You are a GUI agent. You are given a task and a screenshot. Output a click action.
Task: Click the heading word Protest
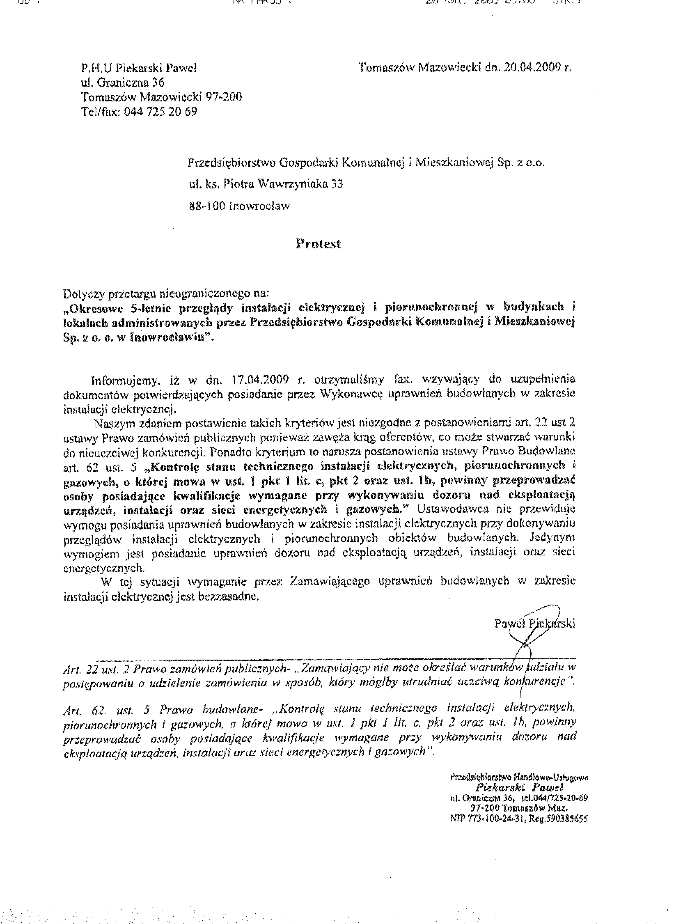318,244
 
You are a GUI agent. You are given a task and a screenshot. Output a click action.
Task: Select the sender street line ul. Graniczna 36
123,83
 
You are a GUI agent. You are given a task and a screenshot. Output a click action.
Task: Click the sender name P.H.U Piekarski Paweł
139,68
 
